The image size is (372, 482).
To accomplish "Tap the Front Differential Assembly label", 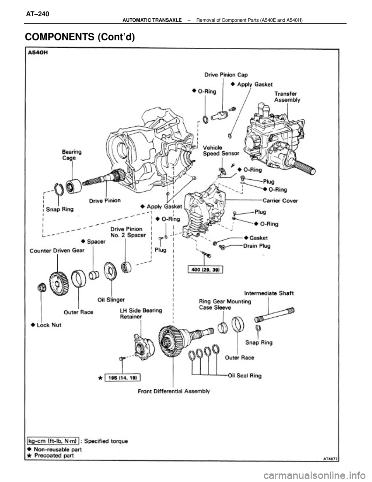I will (x=174, y=391).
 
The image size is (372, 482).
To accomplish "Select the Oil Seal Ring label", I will (x=245, y=375).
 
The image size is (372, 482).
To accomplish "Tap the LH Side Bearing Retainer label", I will (x=141, y=314).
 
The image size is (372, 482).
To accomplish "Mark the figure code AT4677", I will (x=331, y=459).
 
